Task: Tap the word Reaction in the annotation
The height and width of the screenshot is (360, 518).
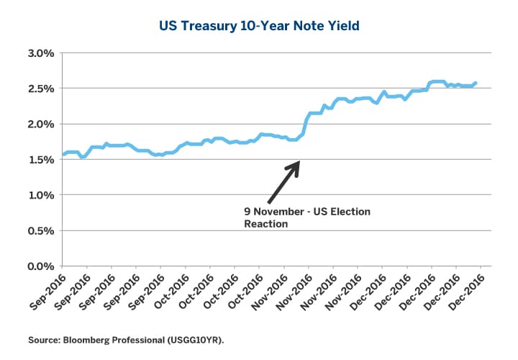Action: click(x=265, y=224)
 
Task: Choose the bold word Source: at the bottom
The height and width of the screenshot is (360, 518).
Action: click(x=44, y=338)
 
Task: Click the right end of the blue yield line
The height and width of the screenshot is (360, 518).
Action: click(x=476, y=83)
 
